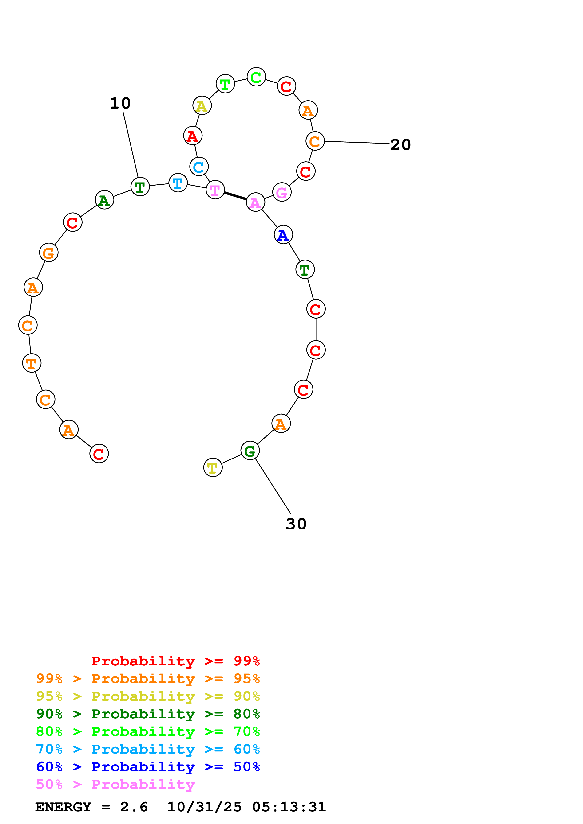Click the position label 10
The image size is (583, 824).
coord(120,103)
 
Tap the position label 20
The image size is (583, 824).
coord(400,145)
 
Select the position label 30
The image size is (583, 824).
coord(296,524)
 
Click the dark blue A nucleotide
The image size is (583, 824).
coord(283,235)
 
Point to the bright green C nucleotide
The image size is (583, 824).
coord(256,77)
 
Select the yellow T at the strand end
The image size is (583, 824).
coord(213,468)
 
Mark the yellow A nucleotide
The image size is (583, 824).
coord(202,106)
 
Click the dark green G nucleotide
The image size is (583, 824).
coord(250,451)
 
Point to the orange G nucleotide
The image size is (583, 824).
coord(48,253)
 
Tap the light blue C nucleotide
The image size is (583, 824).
coord(199,167)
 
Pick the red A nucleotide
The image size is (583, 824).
coord(193,136)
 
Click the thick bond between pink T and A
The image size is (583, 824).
coord(235,196)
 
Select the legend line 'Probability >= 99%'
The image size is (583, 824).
coord(175,661)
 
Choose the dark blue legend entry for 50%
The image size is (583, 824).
coord(148,767)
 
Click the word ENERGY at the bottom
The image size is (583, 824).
coord(63,807)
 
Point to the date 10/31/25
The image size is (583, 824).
coord(204,807)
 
